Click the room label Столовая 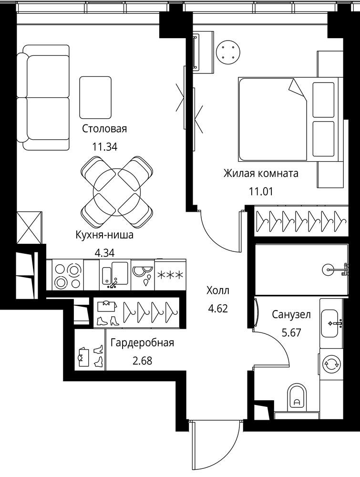(104, 129)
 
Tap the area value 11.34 (104, 147)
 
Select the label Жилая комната (261, 174)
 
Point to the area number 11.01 (261, 192)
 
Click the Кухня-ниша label (104, 235)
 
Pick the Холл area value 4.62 (218, 309)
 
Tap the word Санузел (291, 314)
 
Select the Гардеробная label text (142, 343)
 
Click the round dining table (117, 192)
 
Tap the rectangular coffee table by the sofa (95, 97)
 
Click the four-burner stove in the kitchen (68, 276)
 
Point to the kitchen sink (115, 275)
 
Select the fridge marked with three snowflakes (170, 275)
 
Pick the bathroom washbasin (330, 323)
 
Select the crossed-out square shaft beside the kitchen (29, 227)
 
